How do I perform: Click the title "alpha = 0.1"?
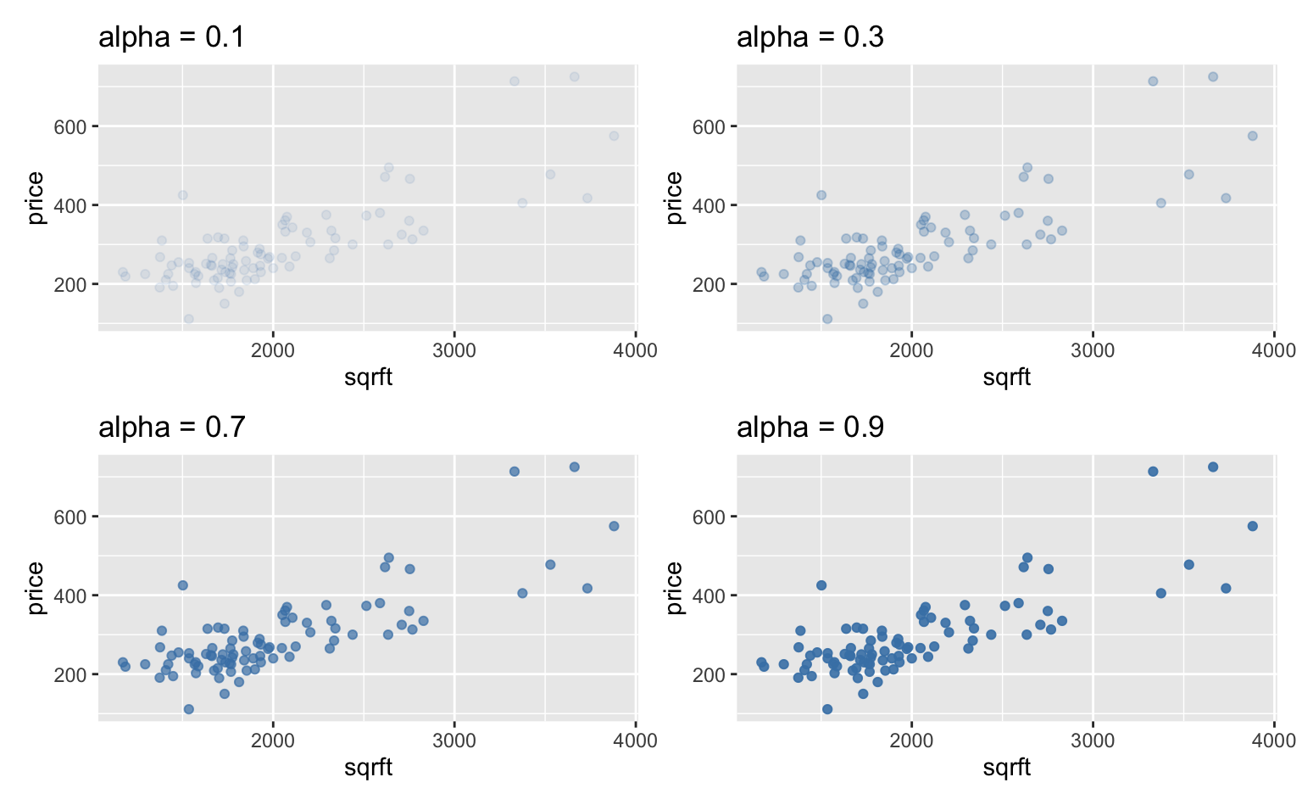tap(172, 37)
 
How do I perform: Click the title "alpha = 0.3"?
tap(810, 37)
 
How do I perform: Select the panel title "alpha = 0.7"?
tap(172, 427)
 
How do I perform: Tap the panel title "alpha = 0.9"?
tap(810, 427)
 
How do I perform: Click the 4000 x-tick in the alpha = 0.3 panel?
tap(1273, 350)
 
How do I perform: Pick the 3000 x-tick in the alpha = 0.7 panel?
tap(454, 741)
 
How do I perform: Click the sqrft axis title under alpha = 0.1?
tap(369, 377)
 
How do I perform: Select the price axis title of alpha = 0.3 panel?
tap(674, 198)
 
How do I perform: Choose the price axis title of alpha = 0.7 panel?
tap(36, 588)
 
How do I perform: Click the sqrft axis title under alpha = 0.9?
tap(1007, 767)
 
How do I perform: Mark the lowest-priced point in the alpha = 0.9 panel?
tap(827, 709)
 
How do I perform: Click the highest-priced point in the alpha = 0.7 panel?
tap(574, 467)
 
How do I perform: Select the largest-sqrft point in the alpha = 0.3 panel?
tap(1252, 136)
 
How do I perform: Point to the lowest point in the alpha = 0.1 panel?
tap(189, 319)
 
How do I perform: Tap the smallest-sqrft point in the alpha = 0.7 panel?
tap(122, 662)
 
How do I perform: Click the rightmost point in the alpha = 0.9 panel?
tap(1252, 526)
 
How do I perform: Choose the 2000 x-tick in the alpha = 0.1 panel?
tap(273, 350)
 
